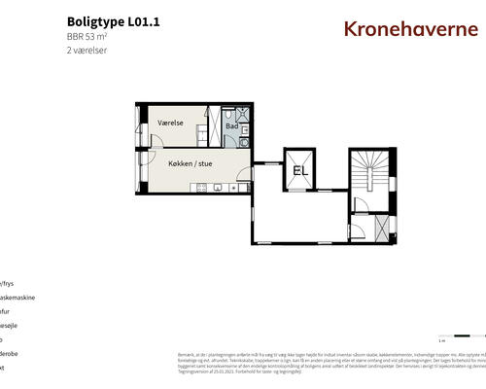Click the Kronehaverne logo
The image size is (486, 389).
coord(410,28)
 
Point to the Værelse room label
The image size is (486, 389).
coord(171,124)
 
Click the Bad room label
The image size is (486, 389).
coord(231,125)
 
